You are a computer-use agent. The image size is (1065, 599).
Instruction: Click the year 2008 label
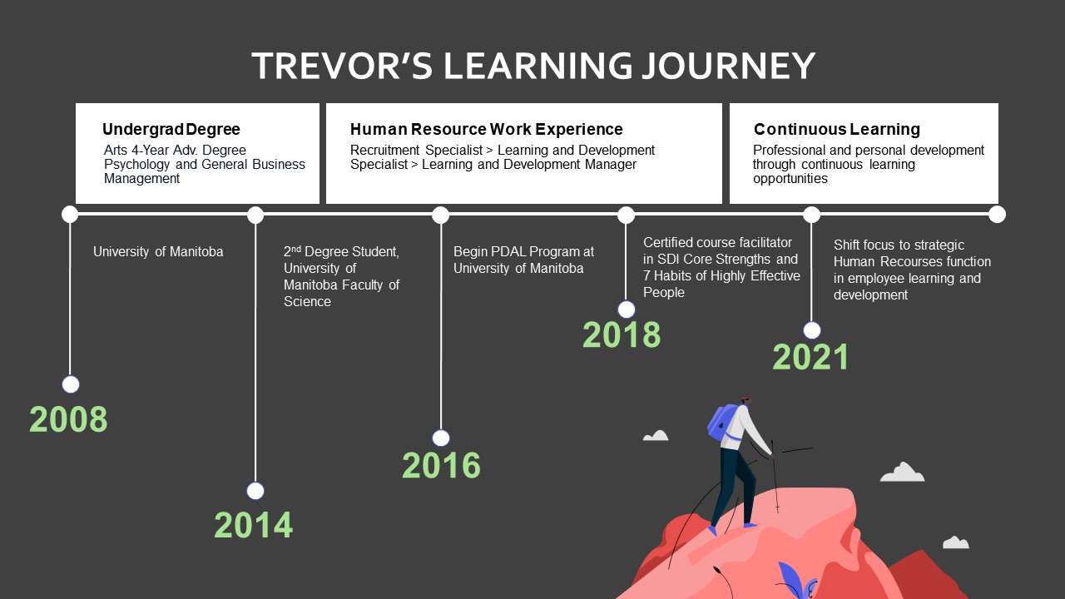point(68,419)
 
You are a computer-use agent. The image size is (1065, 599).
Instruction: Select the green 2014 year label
point(254,525)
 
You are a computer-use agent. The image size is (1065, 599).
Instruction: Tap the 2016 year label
point(441,465)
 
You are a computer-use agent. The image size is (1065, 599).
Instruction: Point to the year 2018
point(622,334)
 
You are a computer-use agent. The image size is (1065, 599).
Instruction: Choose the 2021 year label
point(810,357)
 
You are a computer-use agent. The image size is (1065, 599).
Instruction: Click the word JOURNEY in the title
point(728,66)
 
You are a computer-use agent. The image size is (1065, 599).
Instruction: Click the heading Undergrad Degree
point(171,129)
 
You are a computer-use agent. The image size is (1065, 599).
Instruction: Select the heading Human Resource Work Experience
point(487,129)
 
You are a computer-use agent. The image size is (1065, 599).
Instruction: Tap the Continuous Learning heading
point(837,129)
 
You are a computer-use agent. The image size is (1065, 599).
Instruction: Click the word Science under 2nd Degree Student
point(307,301)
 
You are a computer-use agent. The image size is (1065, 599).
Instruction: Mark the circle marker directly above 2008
point(71,384)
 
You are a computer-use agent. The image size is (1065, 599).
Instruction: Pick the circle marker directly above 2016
point(441,438)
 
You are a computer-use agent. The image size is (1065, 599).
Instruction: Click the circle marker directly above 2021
point(811,330)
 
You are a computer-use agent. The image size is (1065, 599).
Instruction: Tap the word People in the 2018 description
point(664,292)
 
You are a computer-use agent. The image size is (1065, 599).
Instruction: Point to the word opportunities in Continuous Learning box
point(790,179)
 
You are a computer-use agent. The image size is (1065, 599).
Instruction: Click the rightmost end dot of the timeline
point(997,215)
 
